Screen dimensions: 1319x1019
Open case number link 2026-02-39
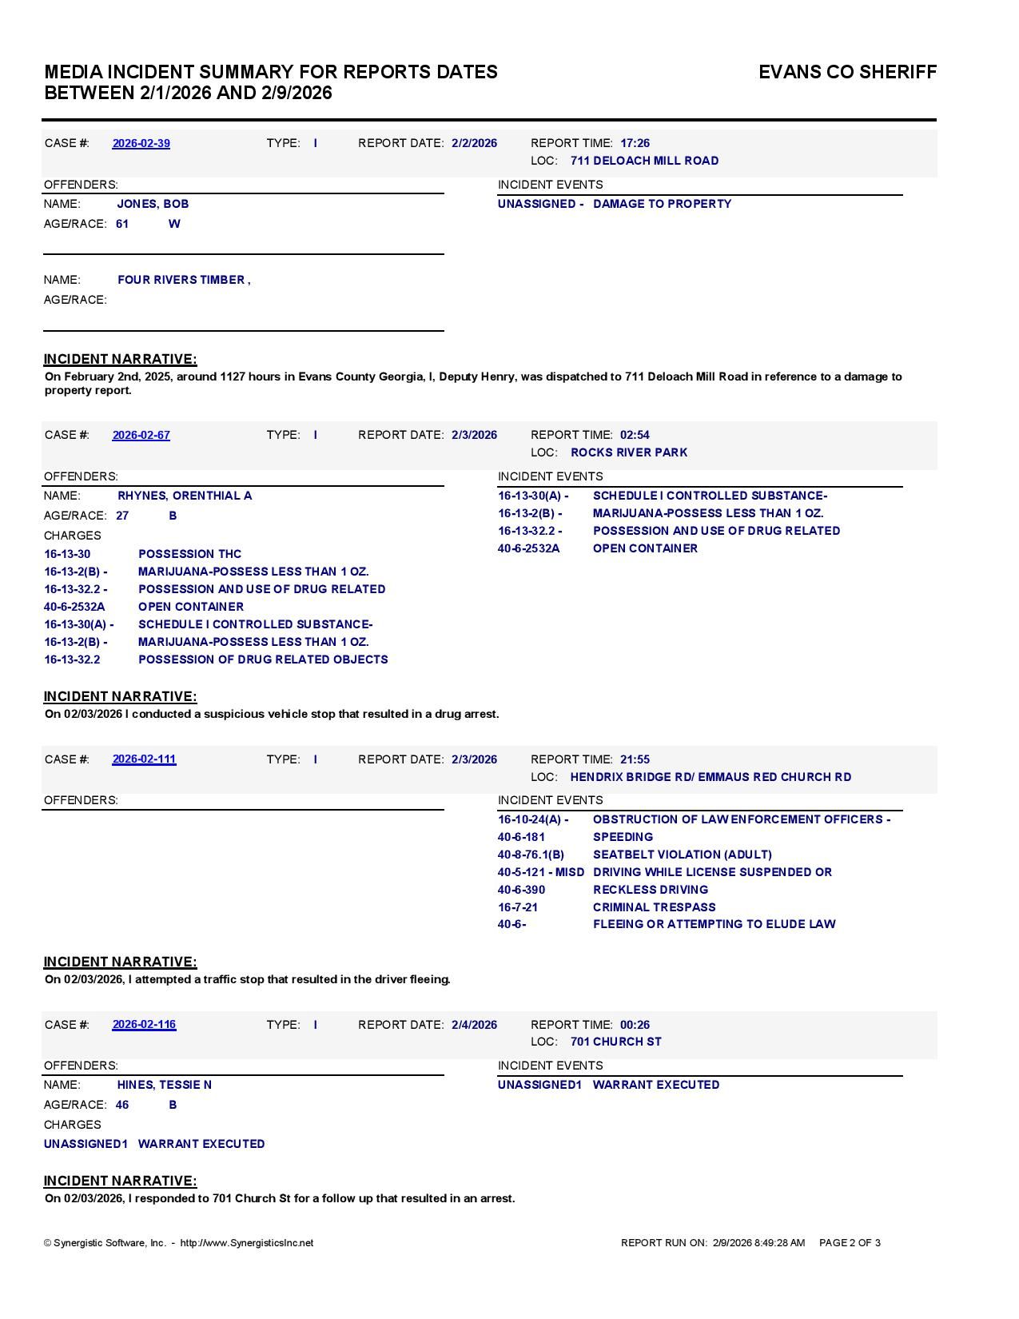pyautogui.click(x=141, y=143)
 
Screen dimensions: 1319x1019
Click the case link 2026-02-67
pyautogui.click(x=141, y=435)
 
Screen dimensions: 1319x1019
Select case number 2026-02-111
pyautogui.click(x=144, y=759)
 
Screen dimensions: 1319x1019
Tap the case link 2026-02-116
pyautogui.click(x=144, y=1024)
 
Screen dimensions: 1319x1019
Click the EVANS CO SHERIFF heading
pyautogui.click(x=847, y=72)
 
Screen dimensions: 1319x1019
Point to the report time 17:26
pyautogui.click(x=635, y=143)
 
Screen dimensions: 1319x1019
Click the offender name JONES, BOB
pyautogui.click(x=153, y=204)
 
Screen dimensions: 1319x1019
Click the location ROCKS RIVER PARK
pyautogui.click(x=629, y=452)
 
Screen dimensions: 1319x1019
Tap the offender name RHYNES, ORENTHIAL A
pyautogui.click(x=185, y=496)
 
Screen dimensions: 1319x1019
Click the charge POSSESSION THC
pyautogui.click(x=189, y=554)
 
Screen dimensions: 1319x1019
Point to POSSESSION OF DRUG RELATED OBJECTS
pyautogui.click(x=263, y=659)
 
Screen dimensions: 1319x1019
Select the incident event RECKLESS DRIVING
pyautogui.click(x=651, y=890)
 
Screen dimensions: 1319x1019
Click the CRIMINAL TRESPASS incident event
pyautogui.click(x=655, y=907)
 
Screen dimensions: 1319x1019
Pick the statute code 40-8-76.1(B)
pyautogui.click(x=531, y=855)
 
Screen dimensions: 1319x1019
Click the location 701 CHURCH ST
pyautogui.click(x=616, y=1042)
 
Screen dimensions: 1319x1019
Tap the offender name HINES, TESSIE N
pyautogui.click(x=165, y=1085)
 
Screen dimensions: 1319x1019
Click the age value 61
pyautogui.click(x=122, y=224)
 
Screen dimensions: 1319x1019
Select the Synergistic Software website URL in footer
pyautogui.click(x=247, y=1243)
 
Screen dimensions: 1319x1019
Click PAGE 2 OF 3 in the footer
pyautogui.click(x=850, y=1243)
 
